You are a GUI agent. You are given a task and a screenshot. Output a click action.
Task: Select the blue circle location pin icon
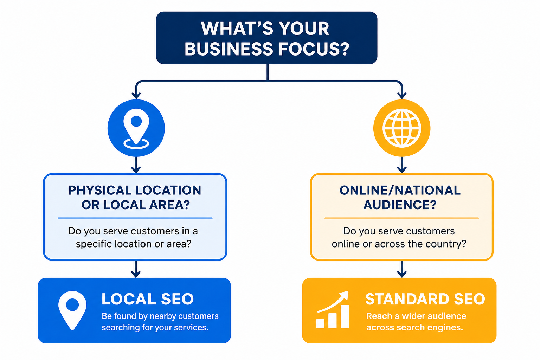tap(136, 128)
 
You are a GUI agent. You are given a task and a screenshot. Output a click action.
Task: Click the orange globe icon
tap(402, 128)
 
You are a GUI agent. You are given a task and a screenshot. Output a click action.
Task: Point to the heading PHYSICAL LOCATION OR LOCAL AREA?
tap(135, 198)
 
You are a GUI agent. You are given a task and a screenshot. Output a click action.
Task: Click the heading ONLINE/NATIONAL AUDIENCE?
tap(400, 198)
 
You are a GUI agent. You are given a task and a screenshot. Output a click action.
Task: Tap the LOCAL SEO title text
tap(148, 299)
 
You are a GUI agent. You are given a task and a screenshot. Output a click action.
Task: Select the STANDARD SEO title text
tap(425, 299)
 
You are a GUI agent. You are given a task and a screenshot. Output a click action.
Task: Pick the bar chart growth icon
tap(333, 310)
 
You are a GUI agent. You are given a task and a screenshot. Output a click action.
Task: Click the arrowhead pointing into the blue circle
tap(136, 96)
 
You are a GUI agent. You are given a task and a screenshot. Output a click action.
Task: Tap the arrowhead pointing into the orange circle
tap(402, 96)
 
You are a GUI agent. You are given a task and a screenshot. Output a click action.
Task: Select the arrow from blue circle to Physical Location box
tap(136, 165)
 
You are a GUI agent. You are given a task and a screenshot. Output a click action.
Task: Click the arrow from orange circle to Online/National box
tap(402, 165)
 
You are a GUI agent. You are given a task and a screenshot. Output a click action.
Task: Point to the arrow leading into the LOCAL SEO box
tap(136, 269)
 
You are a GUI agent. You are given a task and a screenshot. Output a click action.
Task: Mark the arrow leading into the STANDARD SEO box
tap(402, 269)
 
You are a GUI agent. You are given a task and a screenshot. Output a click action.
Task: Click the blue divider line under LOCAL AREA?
tap(135, 218)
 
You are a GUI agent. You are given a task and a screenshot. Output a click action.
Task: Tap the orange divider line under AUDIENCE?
tap(401, 218)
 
